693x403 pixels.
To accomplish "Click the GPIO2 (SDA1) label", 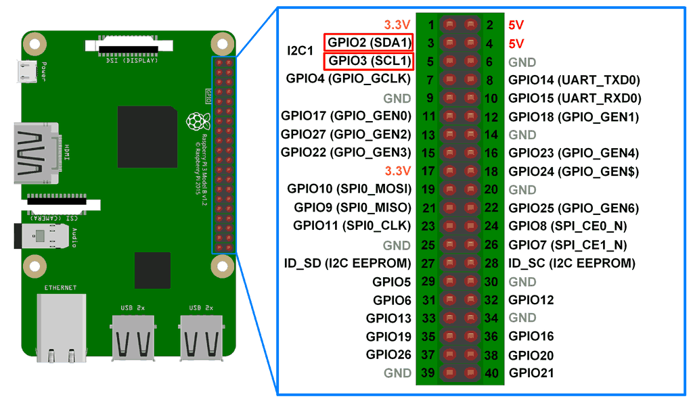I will (x=369, y=43).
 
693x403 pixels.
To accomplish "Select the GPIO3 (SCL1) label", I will (x=369, y=61).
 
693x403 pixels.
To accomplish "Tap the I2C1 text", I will (x=300, y=51).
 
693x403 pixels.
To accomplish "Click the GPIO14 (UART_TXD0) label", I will (x=574, y=80).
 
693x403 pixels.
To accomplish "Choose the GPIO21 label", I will (x=531, y=373).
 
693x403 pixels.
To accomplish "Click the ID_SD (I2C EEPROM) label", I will (x=348, y=263).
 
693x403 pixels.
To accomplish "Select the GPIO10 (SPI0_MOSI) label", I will (x=349, y=189).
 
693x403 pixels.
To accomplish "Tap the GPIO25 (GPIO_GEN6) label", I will (x=573, y=208).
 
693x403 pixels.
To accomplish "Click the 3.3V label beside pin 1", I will (x=397, y=25).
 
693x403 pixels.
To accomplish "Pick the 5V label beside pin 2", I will (x=516, y=25).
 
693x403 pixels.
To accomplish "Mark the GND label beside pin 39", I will (x=397, y=373).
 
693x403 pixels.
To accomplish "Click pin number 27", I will (x=428, y=263).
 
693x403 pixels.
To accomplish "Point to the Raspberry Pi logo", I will (x=196, y=122).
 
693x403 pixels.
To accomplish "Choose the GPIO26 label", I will (x=388, y=354).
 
